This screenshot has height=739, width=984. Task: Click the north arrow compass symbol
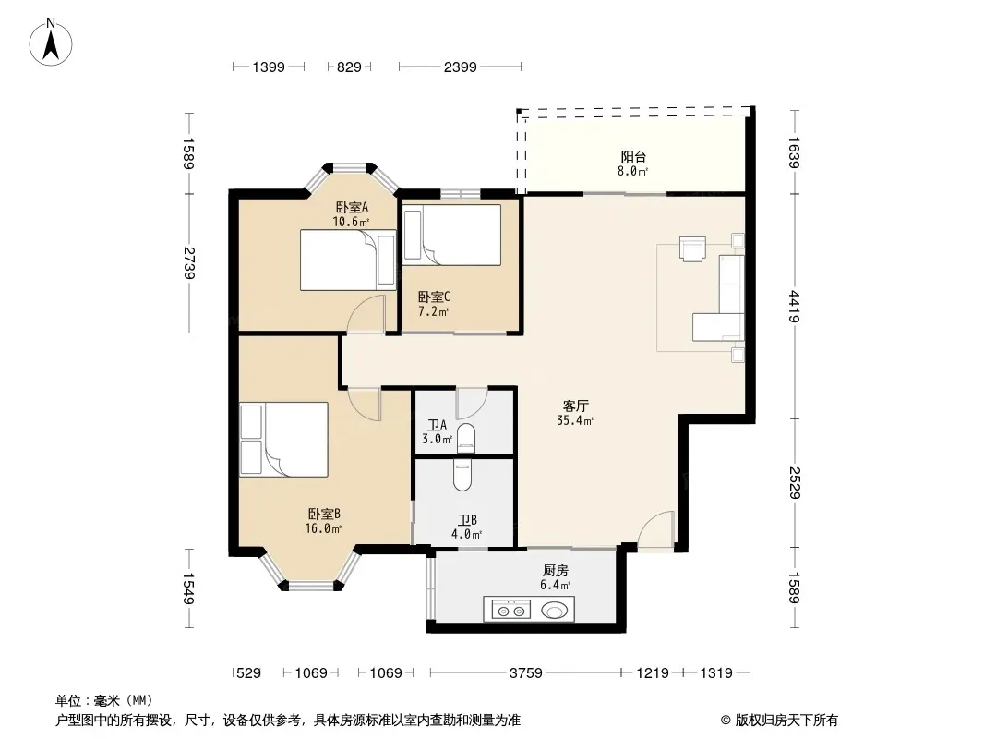51,42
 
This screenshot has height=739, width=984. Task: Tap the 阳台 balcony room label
633,156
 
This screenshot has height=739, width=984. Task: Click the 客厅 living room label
575,406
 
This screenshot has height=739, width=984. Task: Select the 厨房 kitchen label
556,571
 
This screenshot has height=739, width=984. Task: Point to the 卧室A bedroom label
352,207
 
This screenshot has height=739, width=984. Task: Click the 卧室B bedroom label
324,515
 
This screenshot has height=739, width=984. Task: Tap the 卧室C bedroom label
434,297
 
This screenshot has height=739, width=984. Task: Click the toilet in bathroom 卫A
466,438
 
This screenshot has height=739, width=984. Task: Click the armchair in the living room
692,248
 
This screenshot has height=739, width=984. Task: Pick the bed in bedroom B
283,439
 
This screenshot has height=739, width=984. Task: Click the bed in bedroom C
451,235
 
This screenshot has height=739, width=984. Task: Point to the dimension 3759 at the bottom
525,673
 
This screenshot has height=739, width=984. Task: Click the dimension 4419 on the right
795,307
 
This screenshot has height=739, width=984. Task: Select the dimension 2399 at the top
460,67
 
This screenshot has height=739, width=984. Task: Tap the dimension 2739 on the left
189,263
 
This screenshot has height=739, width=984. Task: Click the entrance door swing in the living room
656,531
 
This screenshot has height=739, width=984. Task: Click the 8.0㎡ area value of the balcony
632,171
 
